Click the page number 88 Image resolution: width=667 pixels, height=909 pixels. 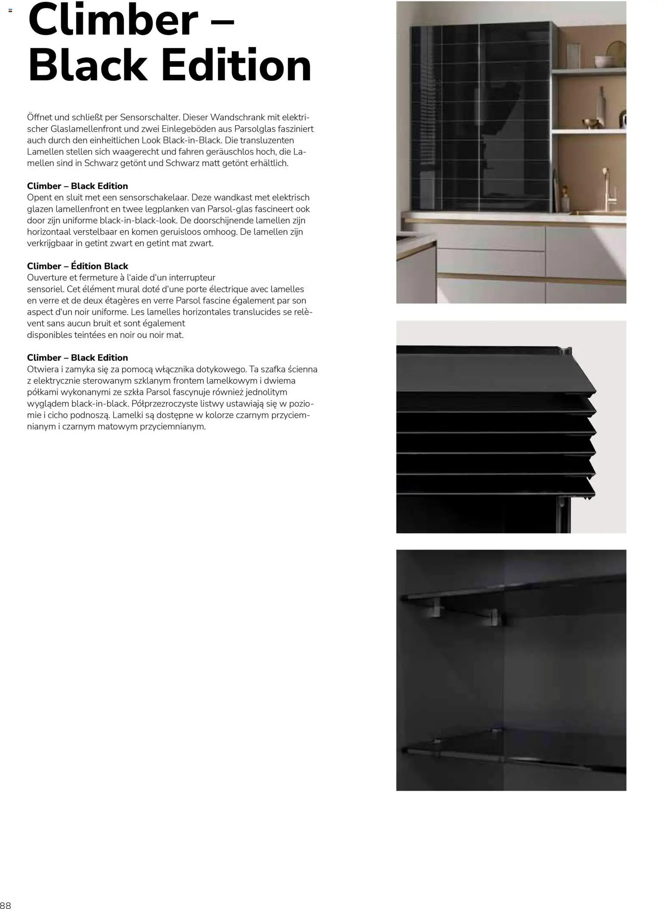coord(6,904)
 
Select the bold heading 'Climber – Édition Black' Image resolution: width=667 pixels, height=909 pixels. coord(77,266)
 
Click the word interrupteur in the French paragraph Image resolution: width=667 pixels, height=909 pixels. coord(192,278)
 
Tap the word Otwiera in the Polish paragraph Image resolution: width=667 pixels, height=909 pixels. coord(41,369)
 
